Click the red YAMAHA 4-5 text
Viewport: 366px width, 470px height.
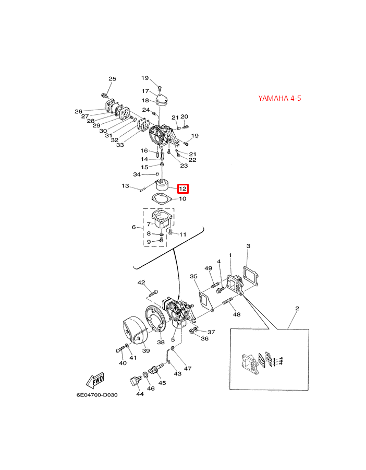(279, 98)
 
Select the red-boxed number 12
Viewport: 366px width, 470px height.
(182, 189)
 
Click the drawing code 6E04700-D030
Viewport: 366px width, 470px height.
(97, 395)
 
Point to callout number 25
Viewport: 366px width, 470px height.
(112, 79)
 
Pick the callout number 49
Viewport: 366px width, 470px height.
(209, 268)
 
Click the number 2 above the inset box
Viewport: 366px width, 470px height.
(297, 308)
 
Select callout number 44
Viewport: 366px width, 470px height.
(140, 394)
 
